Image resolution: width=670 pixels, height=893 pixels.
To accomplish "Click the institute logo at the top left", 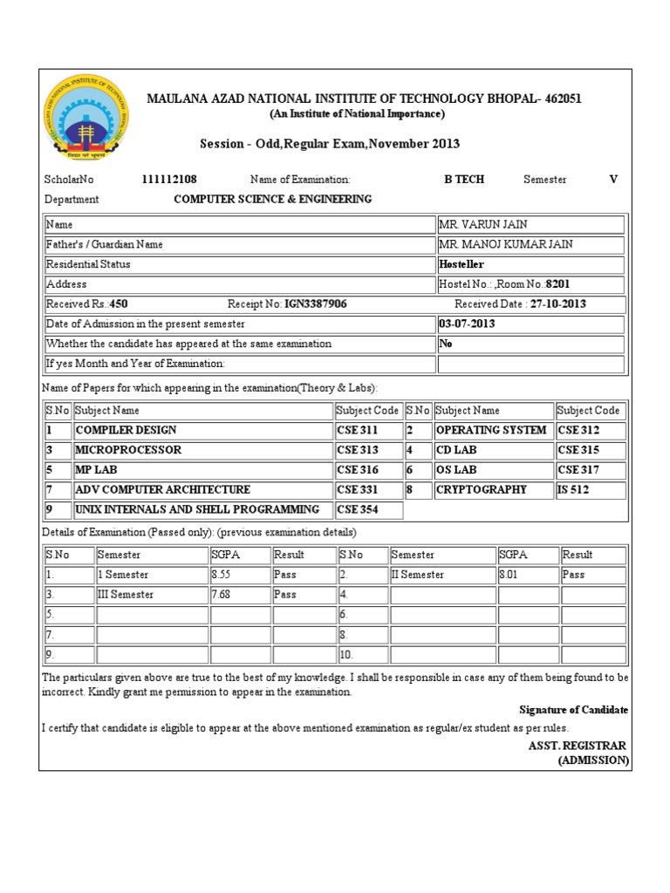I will (85, 119).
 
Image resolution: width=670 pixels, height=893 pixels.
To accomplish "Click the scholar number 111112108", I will (175, 180).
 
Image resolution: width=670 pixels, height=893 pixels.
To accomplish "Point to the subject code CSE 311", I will (358, 430).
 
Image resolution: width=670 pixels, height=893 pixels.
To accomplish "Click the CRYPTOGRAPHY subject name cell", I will (481, 490).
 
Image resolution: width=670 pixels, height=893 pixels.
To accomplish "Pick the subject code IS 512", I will (573, 490).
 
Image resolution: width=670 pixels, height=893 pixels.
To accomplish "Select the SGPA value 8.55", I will (224, 575).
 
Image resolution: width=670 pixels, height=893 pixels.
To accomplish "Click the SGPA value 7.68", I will (224, 595).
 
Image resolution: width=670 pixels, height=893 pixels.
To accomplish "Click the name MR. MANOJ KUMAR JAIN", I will (506, 244).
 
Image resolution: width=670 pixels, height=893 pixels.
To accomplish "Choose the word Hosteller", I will (461, 264).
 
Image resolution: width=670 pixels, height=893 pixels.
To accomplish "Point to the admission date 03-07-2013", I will (467, 324).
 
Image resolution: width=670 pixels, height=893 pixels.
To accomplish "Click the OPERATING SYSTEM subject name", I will (491, 430).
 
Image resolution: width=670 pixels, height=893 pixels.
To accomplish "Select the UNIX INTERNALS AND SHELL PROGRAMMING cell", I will (197, 509).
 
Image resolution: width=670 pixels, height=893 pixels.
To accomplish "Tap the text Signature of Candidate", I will (573, 710).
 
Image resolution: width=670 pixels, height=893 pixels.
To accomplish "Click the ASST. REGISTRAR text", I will (577, 746).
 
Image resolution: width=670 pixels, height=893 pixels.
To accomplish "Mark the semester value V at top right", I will (613, 180).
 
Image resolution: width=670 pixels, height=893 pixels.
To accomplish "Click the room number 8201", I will (558, 284).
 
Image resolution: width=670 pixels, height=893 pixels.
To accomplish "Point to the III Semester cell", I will (126, 595).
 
